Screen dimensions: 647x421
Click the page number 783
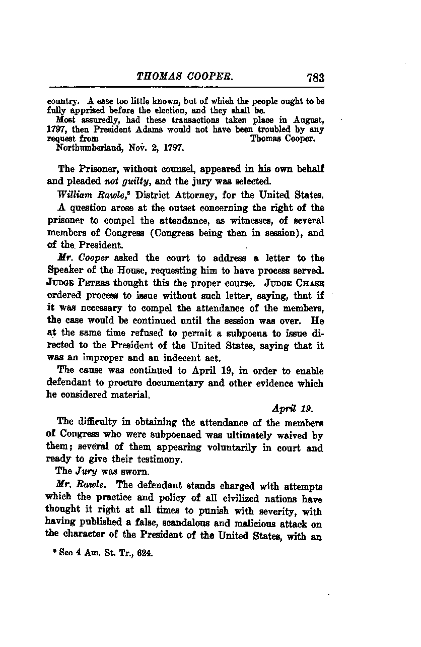click(x=314, y=78)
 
